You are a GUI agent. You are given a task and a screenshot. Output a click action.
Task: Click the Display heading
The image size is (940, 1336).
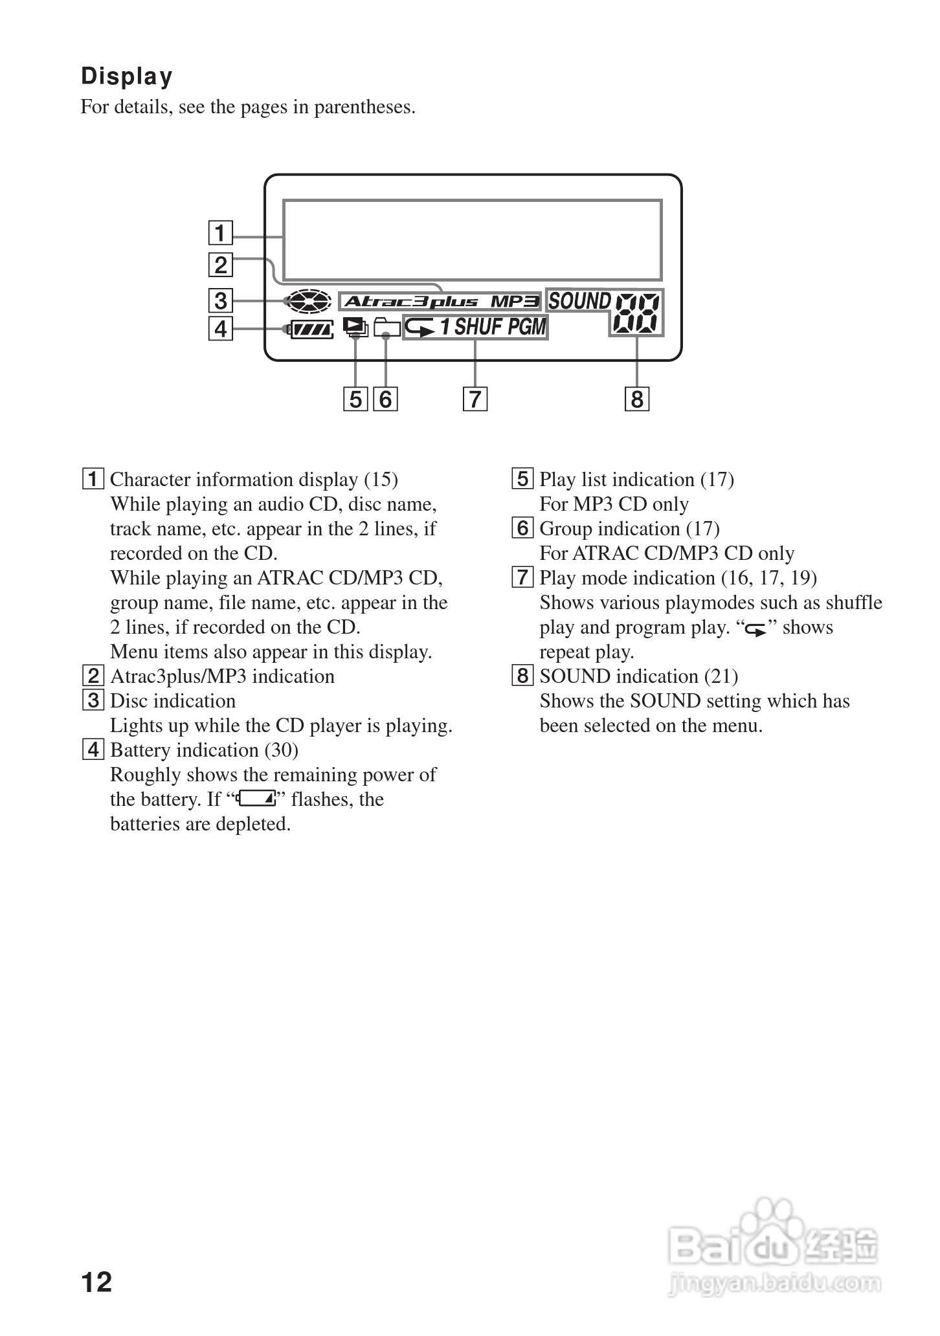coord(127,76)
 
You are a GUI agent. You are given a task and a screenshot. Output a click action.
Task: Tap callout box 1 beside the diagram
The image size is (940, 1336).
coord(220,232)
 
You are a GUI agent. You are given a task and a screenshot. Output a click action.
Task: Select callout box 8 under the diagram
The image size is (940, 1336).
coord(636,399)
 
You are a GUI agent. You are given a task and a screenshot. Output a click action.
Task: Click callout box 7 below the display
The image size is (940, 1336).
coord(475,399)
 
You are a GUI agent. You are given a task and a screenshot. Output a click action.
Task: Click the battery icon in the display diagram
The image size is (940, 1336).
coord(311,329)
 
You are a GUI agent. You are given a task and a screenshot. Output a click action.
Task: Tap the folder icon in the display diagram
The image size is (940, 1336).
coord(386,327)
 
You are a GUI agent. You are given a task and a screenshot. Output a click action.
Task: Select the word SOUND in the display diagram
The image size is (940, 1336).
coord(579,301)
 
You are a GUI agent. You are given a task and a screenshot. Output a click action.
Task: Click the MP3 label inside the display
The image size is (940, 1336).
coord(514,301)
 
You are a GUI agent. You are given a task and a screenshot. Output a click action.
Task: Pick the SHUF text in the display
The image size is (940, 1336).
coord(478,327)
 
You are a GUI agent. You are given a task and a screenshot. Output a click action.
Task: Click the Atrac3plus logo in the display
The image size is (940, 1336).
coord(411,301)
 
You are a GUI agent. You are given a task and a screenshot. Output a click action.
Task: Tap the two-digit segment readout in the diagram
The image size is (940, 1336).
coord(638,313)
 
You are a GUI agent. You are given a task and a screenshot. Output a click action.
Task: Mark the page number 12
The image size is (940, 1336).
coord(96,1281)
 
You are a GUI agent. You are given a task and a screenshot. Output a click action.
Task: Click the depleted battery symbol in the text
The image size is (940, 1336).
coord(256,799)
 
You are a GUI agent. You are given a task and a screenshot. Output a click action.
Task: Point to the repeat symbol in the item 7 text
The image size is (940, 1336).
coord(755,629)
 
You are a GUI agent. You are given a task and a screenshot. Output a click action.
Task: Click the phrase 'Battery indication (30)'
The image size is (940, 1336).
coord(204,750)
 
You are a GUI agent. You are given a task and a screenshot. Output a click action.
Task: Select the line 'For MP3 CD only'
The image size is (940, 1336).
coord(614,504)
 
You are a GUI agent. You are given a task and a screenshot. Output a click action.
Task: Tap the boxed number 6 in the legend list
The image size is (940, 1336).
coord(522,528)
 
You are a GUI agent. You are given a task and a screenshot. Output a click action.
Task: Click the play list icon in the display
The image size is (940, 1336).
coord(355,327)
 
